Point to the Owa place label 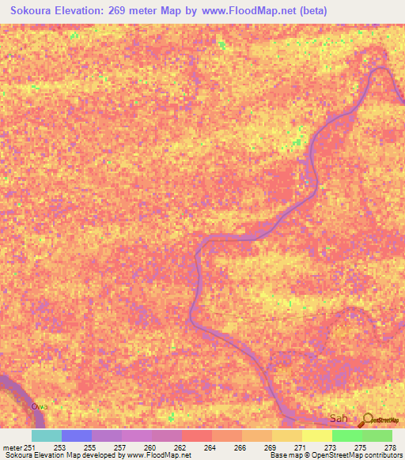coord(40,406)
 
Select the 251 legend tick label coord(28,447)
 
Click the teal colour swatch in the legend coord(47,435)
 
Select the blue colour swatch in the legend coord(77,435)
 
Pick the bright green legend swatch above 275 coord(347,435)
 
